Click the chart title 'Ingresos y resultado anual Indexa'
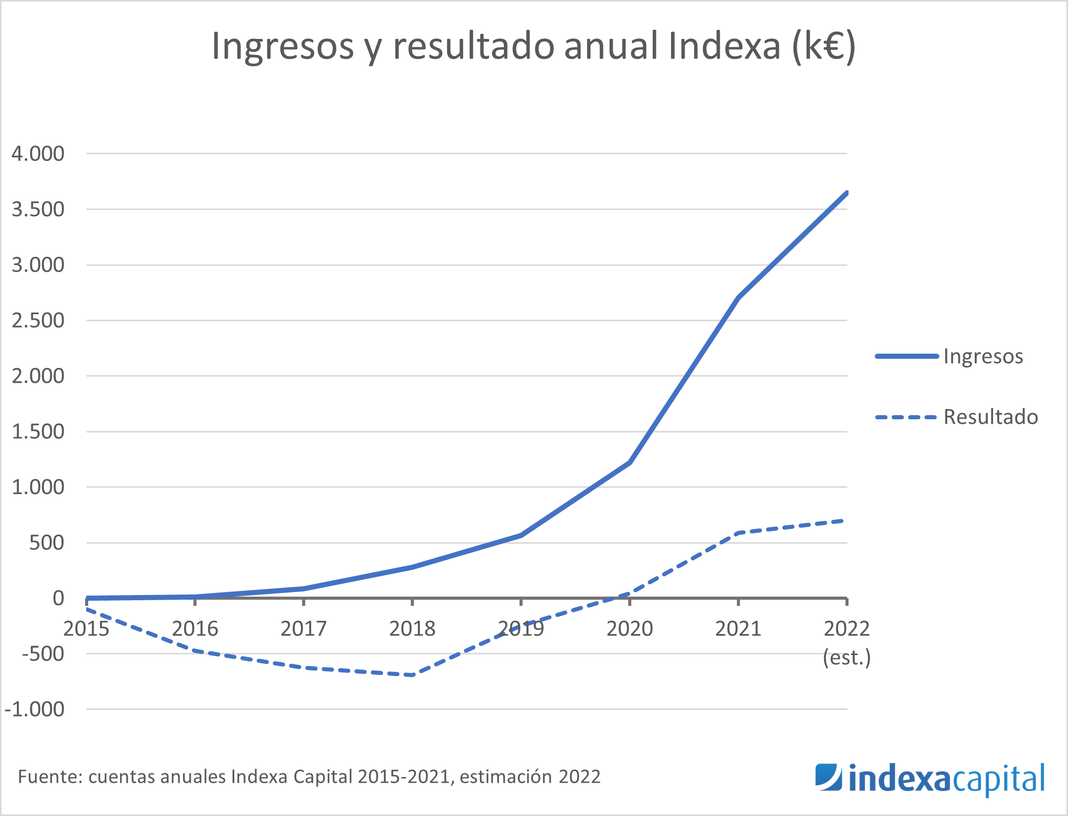point(533,46)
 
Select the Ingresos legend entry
point(983,356)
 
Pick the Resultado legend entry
point(990,417)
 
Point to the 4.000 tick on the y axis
point(38,153)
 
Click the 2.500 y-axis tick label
point(38,320)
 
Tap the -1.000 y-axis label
point(34,709)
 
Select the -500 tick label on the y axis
point(43,654)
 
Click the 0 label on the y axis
point(58,598)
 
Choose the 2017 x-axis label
point(304,628)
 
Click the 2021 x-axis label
point(738,628)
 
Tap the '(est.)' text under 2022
point(847,657)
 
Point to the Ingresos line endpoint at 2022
point(846,193)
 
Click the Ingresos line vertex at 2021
point(738,297)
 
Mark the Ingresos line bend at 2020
point(630,462)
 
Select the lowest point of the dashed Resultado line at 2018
point(412,675)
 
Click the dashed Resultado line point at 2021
point(738,533)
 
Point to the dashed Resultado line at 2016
point(195,650)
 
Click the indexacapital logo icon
point(828,778)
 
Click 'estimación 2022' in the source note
point(530,777)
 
